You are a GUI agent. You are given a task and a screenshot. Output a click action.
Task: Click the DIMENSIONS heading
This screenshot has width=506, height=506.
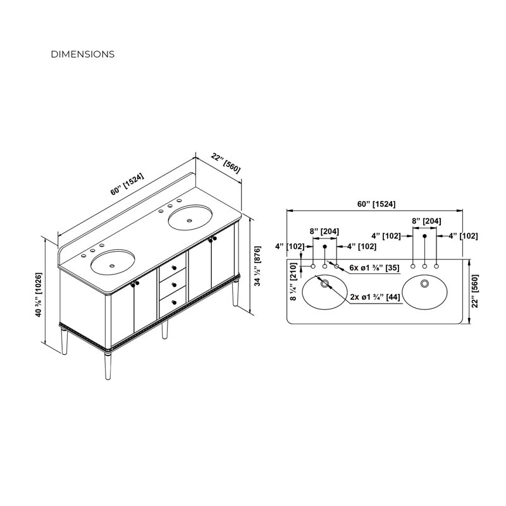83,54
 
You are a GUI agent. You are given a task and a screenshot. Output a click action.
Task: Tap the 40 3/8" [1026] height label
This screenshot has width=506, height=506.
39,295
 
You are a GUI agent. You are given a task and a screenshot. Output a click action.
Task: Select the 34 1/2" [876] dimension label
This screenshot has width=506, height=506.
257,266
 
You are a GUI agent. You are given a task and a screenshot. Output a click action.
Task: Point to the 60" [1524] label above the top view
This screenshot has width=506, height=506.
376,204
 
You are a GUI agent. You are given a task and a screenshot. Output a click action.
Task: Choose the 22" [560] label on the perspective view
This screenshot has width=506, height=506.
226,163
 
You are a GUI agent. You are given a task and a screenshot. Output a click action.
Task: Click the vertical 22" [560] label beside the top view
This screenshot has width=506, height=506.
475,291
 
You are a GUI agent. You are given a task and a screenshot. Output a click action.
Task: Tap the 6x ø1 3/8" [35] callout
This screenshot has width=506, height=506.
374,268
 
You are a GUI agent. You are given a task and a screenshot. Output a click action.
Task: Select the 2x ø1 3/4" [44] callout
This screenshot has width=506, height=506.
375,297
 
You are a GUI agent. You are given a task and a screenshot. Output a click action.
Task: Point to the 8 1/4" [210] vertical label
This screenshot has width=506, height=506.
293,281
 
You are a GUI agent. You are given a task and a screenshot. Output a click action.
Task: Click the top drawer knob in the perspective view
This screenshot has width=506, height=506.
175,268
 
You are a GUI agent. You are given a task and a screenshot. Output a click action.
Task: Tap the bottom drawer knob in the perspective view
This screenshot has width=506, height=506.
175,302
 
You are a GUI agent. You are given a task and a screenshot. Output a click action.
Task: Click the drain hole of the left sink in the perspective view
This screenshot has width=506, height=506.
112,266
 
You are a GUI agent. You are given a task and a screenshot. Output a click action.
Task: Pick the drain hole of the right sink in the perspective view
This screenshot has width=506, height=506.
189,221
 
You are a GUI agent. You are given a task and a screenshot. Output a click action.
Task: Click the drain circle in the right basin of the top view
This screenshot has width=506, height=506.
424,283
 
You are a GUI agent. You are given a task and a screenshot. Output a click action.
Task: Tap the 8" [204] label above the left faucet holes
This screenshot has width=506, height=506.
324,231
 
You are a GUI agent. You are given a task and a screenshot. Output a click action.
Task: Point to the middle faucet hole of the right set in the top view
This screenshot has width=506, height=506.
424,266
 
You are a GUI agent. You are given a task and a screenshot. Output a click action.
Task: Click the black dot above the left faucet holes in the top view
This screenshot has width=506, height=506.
324,247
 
